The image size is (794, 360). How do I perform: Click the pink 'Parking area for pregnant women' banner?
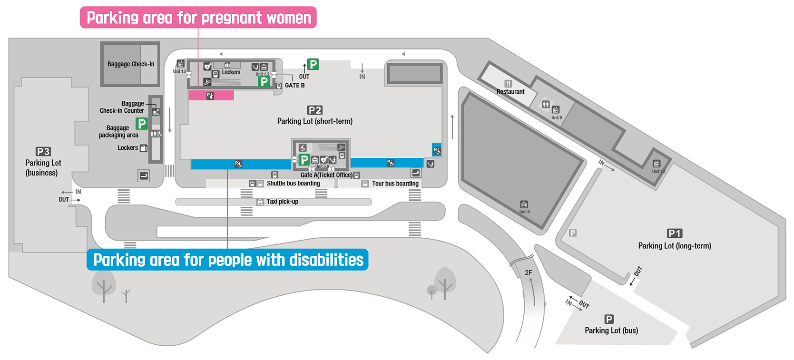point(198,18)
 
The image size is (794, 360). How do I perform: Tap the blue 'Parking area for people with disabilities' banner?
point(227,260)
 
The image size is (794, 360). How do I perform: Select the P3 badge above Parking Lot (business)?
point(43,152)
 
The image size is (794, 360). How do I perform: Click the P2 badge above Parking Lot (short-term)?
point(315,110)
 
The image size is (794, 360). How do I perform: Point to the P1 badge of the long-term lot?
point(675,234)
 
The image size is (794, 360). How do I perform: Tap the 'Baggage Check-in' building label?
point(131,64)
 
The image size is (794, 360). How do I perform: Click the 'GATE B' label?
point(294,86)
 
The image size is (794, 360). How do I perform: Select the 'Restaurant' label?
point(510,92)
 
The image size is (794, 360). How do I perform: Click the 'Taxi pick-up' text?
point(282,202)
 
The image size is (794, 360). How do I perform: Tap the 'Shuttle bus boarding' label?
point(293,184)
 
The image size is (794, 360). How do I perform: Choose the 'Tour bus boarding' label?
point(395,184)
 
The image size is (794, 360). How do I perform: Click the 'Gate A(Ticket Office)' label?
point(326,175)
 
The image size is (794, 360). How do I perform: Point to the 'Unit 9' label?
point(524,212)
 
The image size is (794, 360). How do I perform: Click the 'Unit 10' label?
point(658,171)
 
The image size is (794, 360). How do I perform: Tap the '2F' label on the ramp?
point(528,272)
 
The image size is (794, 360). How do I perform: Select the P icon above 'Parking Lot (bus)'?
point(609,319)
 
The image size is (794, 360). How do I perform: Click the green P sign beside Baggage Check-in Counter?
point(142,124)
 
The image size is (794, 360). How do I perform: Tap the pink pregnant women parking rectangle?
point(211,96)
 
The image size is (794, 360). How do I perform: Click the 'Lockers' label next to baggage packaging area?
point(127,148)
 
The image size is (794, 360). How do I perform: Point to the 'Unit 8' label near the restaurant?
point(557,117)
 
